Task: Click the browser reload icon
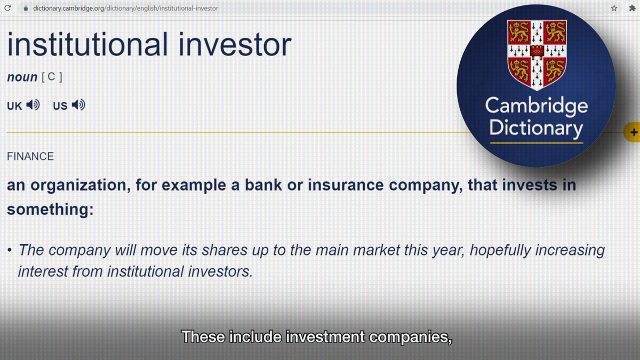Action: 7,8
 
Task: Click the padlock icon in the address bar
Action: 26,9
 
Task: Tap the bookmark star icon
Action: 614,9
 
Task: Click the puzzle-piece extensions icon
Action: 632,9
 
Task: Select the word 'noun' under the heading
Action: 22,77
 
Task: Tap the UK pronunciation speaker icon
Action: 33,105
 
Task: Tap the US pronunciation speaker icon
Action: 78,105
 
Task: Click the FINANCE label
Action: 30,157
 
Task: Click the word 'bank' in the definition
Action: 263,185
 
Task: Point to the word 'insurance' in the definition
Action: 346,185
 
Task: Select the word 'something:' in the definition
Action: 50,210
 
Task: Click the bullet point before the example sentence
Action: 10,250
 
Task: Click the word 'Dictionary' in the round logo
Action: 537,129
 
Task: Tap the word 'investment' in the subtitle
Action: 325,337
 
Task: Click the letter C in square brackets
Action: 51,77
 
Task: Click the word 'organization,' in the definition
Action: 81,186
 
